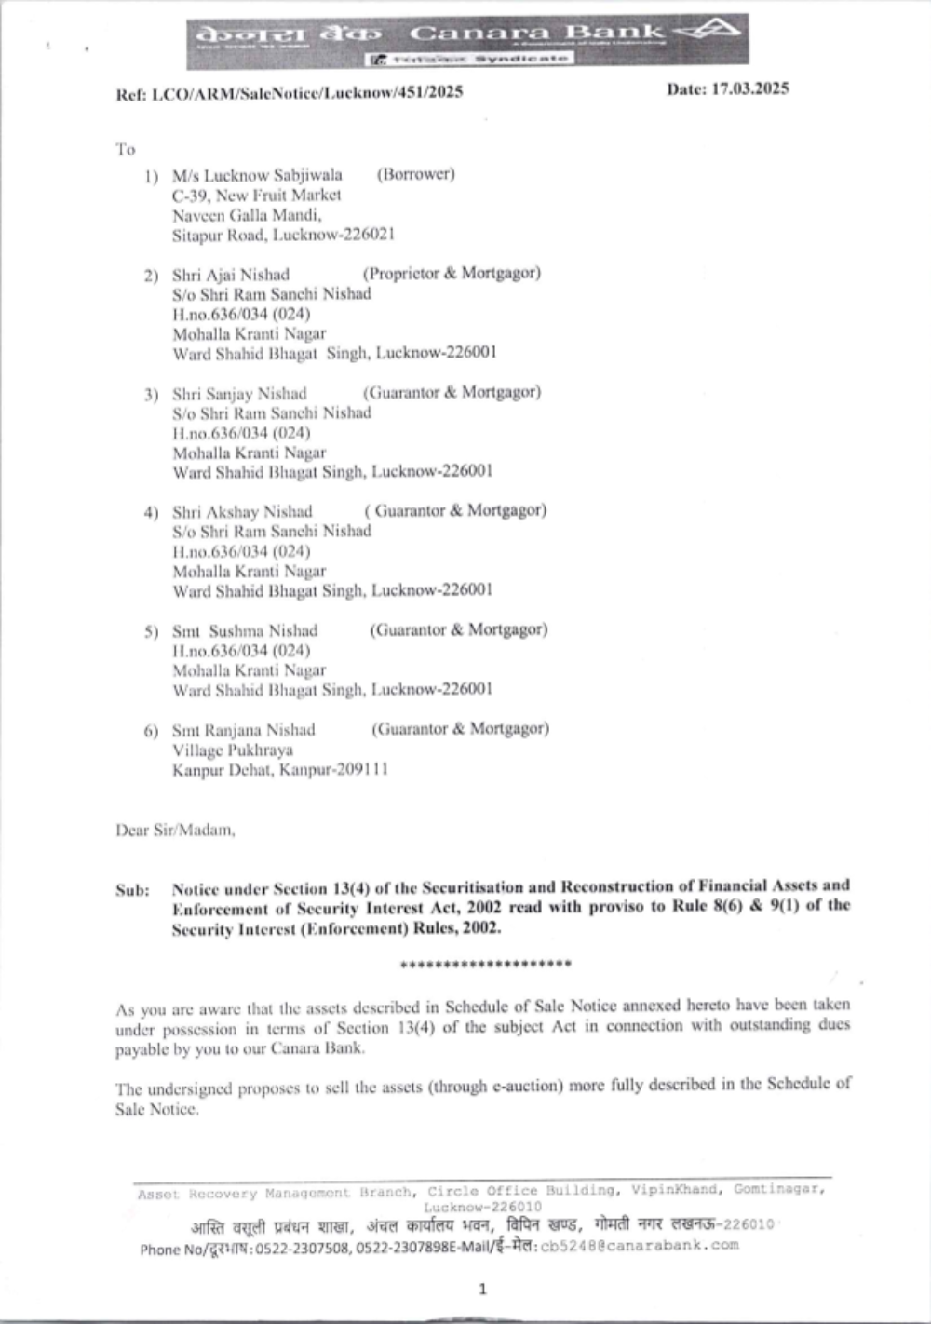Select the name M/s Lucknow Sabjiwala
coord(257,175)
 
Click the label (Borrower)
coord(415,174)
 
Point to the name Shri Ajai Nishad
coord(231,275)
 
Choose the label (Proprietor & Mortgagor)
coord(452,273)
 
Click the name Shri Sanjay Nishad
coord(239,393)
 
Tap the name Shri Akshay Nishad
coord(242,511)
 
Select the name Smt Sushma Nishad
coord(245,630)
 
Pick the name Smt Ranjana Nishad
coord(244,730)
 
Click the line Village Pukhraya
coord(233,750)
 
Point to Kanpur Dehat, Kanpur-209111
coord(280,770)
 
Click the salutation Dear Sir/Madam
coord(175,830)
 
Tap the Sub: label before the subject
coord(132,890)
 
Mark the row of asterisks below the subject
coord(485,964)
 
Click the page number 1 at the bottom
coord(482,1290)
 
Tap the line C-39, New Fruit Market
coord(256,196)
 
